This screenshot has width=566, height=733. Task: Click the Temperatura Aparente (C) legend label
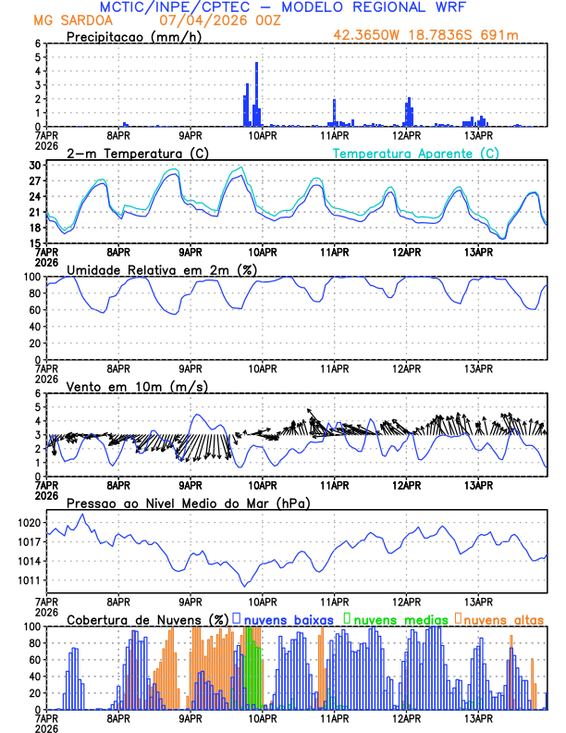point(416,153)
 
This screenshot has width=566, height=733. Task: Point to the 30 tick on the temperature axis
point(34,166)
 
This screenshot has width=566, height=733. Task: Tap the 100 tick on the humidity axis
point(31,277)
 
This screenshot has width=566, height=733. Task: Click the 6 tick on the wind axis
point(37,393)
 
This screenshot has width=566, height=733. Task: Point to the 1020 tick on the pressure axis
point(28,523)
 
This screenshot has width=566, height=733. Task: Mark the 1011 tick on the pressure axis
point(28,581)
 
